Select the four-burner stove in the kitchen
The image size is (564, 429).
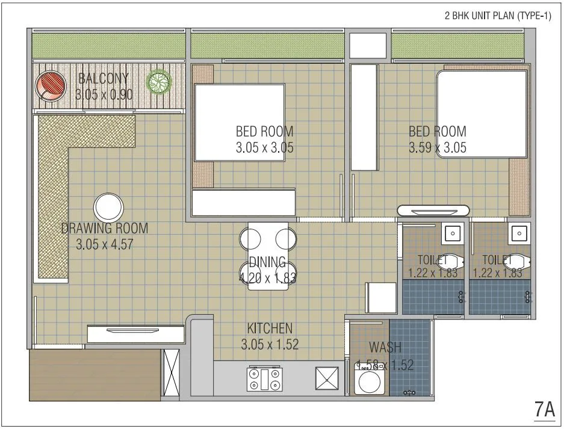coord(265,380)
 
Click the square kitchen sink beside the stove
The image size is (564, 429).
coord(327,380)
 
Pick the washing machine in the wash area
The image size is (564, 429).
coord(367,383)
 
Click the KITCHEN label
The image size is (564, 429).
coord(270,329)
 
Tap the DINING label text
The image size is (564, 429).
coord(267,262)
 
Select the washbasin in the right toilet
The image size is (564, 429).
coord(518,233)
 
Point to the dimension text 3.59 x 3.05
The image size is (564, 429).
coord(437,147)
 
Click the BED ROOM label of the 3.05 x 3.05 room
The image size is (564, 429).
coord(264,131)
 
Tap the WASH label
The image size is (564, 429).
coord(385,348)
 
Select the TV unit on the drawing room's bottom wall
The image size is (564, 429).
coord(135,333)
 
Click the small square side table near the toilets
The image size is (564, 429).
coord(380,297)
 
